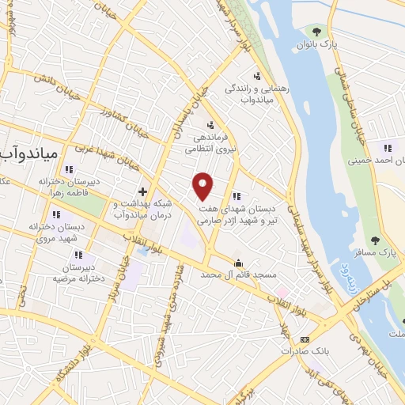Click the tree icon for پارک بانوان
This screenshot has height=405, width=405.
317,32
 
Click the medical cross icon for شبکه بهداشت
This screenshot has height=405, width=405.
142,191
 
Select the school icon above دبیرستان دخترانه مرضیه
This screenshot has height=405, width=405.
79,255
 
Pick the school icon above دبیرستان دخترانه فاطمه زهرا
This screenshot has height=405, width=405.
69,168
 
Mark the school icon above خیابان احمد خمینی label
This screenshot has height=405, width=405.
388,147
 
